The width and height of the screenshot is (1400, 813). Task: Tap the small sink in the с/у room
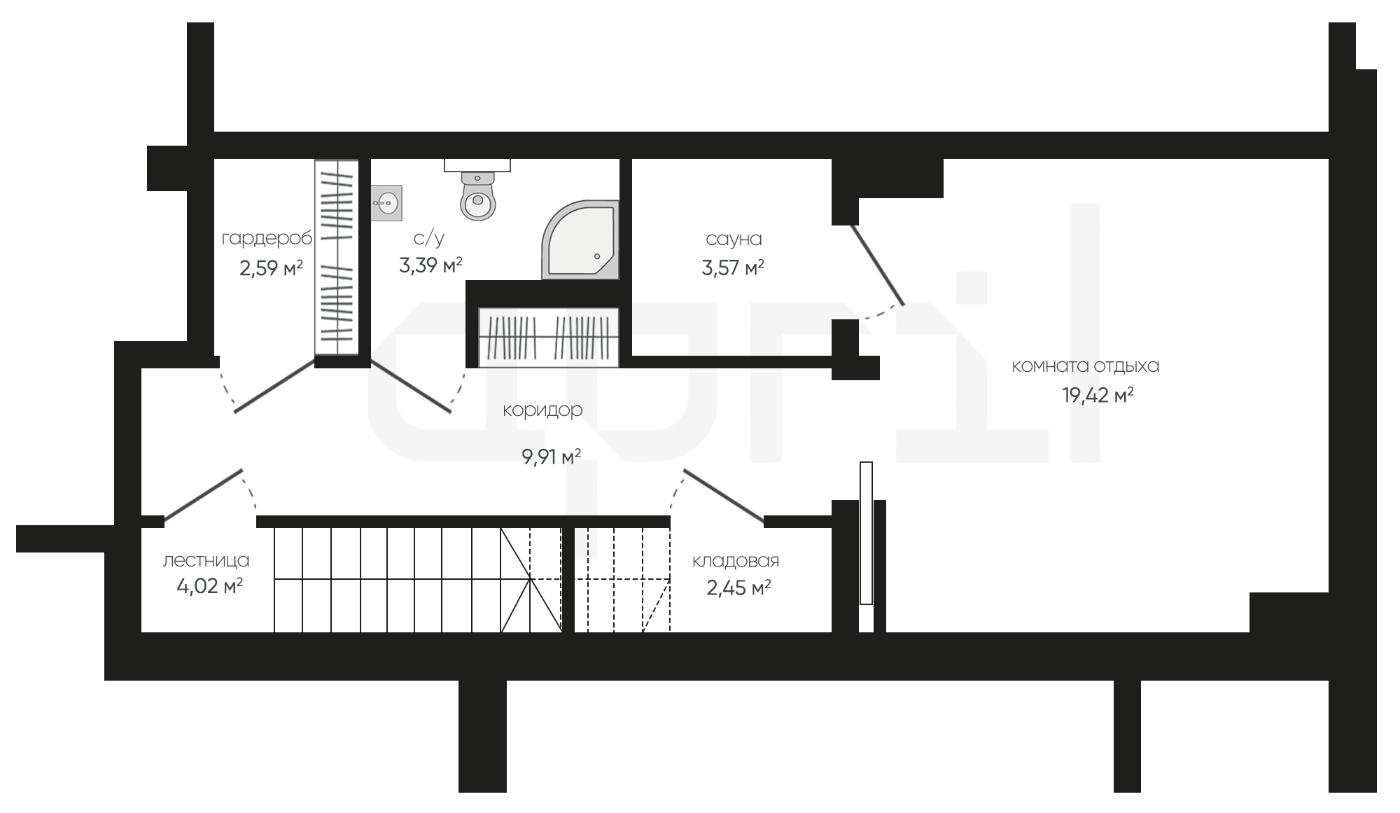pyautogui.click(x=386, y=203)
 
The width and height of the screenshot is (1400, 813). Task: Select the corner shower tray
pyautogui.click(x=580, y=239)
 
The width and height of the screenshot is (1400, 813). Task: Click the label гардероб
pyautogui.click(x=267, y=239)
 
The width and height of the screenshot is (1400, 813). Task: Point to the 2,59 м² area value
pyautogui.click(x=271, y=268)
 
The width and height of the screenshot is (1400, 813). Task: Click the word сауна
pyautogui.click(x=734, y=239)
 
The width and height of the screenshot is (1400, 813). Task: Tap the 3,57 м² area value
pyautogui.click(x=733, y=267)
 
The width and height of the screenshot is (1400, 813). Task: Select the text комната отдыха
pyautogui.click(x=1086, y=366)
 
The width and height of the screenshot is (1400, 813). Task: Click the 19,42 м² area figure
pyautogui.click(x=1098, y=396)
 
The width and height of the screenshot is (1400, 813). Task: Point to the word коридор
pyautogui.click(x=542, y=410)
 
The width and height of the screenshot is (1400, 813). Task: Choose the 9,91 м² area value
pyautogui.click(x=551, y=457)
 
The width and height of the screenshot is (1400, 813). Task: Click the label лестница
pyautogui.click(x=206, y=561)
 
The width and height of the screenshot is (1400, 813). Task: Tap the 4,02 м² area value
pyautogui.click(x=209, y=586)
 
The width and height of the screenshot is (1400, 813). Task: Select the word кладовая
pyautogui.click(x=735, y=562)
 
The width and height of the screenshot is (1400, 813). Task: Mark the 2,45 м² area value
pyautogui.click(x=738, y=588)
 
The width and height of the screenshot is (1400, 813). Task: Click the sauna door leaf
pyautogui.click(x=877, y=265)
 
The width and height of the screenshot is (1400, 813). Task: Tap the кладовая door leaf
pyautogui.click(x=723, y=496)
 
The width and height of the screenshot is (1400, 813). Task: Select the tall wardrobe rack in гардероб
pyautogui.click(x=337, y=258)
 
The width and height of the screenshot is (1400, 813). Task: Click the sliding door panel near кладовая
pyautogui.click(x=866, y=533)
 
